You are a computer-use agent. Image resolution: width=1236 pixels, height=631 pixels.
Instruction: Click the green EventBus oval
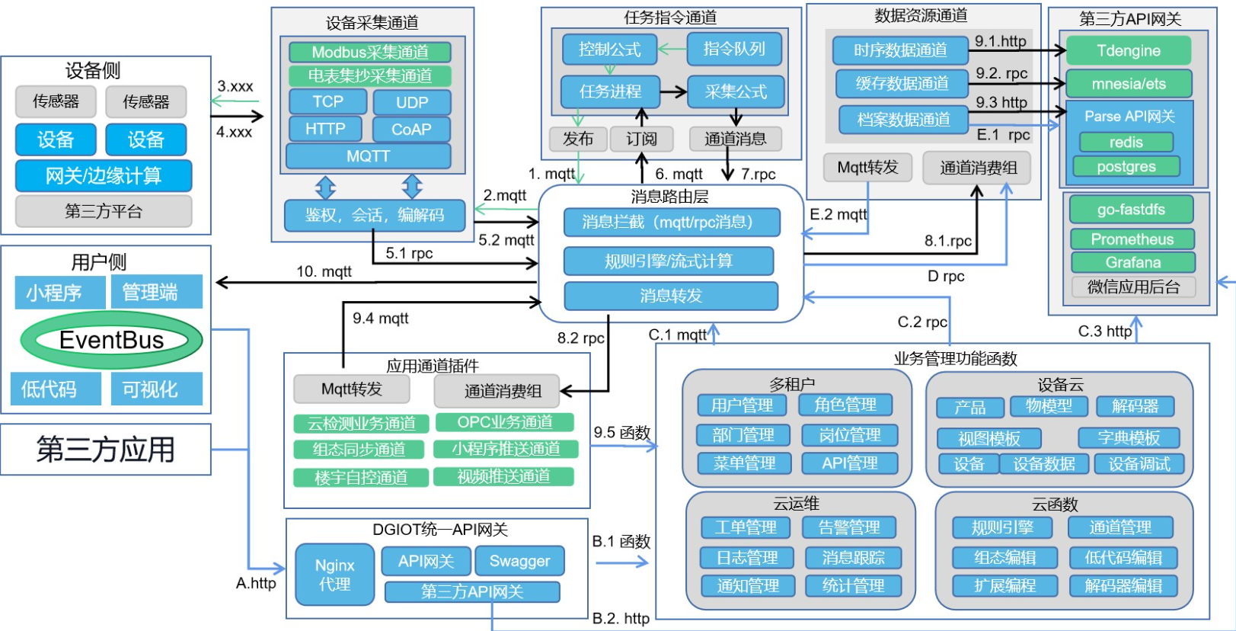point(111,340)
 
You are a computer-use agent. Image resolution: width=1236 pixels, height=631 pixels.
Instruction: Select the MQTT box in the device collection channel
point(369,156)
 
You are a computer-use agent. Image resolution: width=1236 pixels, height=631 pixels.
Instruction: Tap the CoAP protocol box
point(411,130)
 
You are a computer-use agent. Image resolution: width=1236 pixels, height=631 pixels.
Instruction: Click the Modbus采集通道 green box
point(370,52)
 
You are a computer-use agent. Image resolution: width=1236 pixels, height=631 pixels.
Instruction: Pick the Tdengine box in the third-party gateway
point(1129,51)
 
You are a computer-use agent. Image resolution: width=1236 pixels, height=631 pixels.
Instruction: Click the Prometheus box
point(1132,239)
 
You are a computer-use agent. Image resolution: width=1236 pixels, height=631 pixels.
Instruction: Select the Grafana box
point(1132,263)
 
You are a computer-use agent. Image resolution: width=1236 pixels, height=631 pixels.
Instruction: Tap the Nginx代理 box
point(335,575)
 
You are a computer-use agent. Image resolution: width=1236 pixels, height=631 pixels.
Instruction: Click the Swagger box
point(519,562)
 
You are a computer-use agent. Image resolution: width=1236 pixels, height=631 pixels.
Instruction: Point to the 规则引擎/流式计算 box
point(669,261)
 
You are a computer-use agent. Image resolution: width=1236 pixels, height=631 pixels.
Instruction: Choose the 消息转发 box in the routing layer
point(671,296)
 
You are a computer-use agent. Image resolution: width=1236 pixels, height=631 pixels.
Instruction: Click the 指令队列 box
point(734,50)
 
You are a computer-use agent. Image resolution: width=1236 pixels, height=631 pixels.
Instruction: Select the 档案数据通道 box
point(903,120)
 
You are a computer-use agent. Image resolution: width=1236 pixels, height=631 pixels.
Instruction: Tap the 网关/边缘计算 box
point(104,176)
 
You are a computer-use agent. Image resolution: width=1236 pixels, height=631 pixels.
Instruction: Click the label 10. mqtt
point(324,271)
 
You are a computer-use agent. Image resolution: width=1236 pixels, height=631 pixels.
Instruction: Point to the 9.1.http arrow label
point(1001,41)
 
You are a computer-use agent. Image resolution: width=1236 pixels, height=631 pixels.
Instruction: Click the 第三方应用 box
point(106,450)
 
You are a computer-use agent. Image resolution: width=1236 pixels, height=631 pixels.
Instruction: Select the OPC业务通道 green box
point(505,422)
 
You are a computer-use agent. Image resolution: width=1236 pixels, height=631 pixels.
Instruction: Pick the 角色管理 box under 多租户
point(845,405)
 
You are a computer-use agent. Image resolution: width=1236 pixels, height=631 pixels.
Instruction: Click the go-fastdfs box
point(1131,210)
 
